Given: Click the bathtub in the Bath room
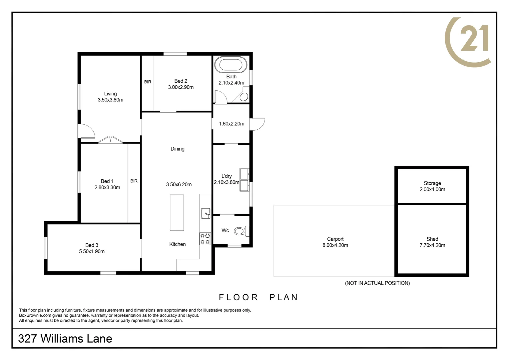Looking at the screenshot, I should coord(231,65).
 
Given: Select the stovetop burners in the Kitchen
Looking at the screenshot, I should coord(205,239).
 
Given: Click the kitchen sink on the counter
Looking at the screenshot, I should coord(206,213).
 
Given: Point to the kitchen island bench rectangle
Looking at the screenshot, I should coord(177,213).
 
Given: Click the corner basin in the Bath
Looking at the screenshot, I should coord(244,97).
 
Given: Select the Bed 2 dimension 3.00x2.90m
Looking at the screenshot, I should coord(181,87).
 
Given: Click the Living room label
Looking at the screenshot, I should coord(110,94).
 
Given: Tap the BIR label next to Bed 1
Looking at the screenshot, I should coord(134,181).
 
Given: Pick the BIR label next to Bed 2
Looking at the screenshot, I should coord(148,82).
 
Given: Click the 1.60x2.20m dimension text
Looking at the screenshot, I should coord(232,124).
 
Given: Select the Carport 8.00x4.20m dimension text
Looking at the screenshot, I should coord(335,245).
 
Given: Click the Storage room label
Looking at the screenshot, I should coord(432,183).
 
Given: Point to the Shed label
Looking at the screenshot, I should coord(432,239).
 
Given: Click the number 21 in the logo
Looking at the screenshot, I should coord(474,39).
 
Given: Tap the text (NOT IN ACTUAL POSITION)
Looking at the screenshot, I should coord(377,283).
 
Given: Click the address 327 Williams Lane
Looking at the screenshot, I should coord(65,339).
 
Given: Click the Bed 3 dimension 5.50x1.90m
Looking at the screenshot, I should coord(92,252).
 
